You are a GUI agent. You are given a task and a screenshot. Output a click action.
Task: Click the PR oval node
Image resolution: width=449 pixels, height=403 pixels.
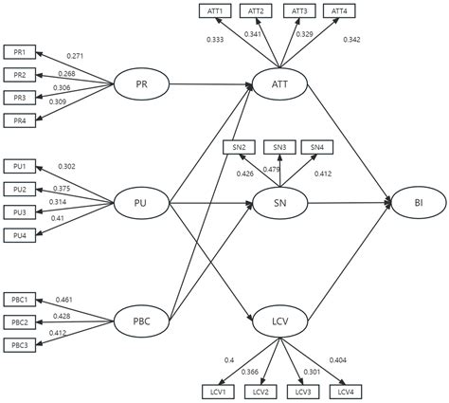click(140, 85)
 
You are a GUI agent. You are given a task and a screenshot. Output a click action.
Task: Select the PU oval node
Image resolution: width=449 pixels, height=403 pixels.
click(140, 202)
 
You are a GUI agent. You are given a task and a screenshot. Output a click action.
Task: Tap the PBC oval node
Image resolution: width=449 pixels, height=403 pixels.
click(140, 321)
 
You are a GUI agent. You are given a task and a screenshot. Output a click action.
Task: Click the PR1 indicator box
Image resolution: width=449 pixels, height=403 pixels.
click(19, 52)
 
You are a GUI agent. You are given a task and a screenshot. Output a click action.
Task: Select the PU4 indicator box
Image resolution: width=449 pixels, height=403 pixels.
click(19, 234)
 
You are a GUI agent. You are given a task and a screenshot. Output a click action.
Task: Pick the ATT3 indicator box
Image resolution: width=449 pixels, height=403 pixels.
click(299, 10)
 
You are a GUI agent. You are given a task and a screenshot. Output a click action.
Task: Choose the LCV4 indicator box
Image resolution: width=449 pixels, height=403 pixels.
click(349, 392)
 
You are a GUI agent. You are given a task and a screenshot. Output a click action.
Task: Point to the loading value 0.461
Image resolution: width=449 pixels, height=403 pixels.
click(64, 300)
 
